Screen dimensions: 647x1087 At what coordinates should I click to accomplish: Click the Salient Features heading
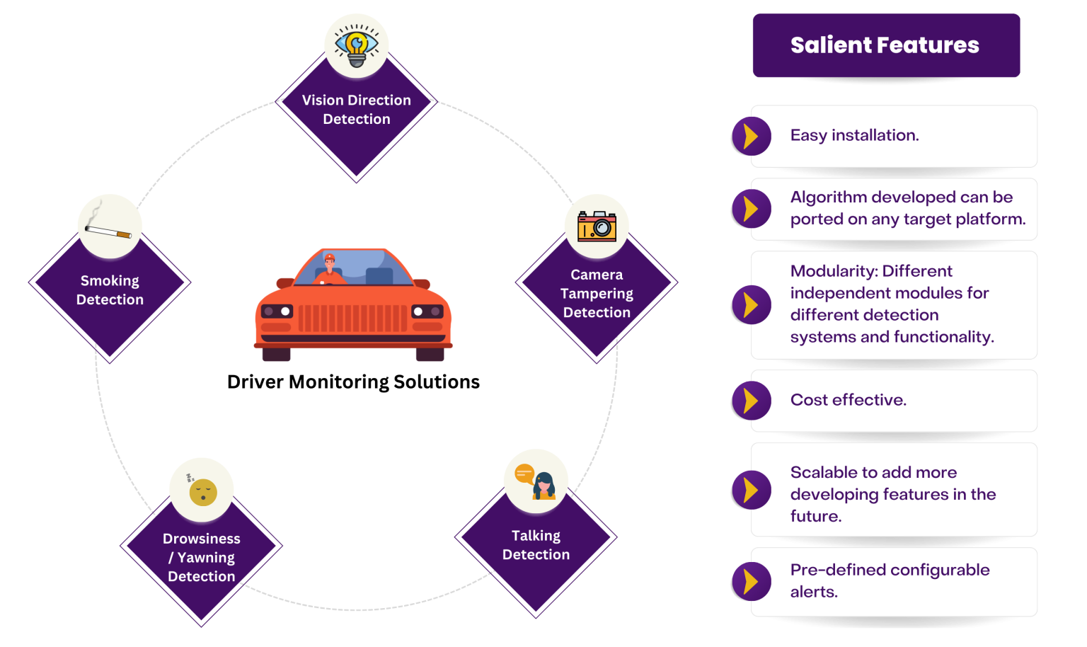[885, 45]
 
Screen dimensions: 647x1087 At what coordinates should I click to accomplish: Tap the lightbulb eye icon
[357, 45]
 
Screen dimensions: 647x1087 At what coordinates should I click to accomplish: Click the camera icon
[597, 227]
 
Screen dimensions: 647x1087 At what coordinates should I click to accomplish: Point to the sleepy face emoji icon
[202, 491]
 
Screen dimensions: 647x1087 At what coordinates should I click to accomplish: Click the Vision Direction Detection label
[357, 110]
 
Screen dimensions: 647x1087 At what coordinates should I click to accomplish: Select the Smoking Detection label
[110, 290]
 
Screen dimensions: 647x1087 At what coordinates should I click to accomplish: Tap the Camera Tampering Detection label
[597, 293]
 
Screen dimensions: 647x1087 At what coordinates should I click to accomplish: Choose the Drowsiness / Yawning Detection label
[202, 558]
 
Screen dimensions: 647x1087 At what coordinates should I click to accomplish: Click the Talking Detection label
[536, 545]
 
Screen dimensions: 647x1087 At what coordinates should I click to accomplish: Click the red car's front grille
[352, 319]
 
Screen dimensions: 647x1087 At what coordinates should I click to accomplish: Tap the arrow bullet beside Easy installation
[751, 136]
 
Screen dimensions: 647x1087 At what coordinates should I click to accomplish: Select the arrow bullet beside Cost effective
[751, 401]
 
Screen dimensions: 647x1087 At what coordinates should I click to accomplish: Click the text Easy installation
[854, 135]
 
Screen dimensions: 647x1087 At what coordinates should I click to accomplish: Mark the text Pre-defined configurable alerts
[890, 580]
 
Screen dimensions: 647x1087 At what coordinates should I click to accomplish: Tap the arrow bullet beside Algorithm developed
[751, 209]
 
